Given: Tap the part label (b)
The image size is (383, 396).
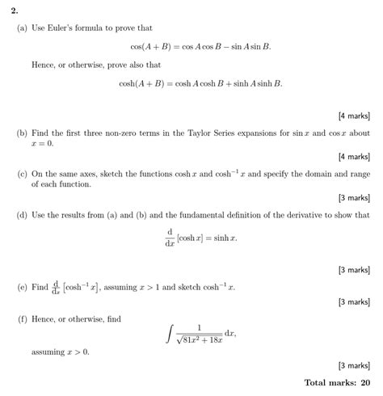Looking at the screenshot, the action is pyautogui.click(x=21, y=133).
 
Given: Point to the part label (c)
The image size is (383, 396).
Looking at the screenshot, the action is pyautogui.click(x=21, y=174).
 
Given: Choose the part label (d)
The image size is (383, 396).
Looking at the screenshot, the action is pyautogui.click(x=21, y=216).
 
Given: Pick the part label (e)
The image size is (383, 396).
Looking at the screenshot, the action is pyautogui.click(x=21, y=286).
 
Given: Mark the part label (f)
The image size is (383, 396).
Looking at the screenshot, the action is pyautogui.click(x=21, y=320).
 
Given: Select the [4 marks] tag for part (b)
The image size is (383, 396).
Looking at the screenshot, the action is pyautogui.click(x=354, y=156).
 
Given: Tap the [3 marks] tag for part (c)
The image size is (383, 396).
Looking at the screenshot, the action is pyautogui.click(x=354, y=197).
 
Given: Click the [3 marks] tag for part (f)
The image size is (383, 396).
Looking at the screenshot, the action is pyautogui.click(x=354, y=365).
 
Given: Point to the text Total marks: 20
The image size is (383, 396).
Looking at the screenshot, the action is pyautogui.click(x=337, y=382).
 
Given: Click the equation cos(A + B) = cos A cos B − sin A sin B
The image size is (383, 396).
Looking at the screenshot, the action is pyautogui.click(x=200, y=47).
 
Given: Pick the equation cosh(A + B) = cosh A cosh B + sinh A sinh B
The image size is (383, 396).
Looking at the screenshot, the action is pyautogui.click(x=200, y=83).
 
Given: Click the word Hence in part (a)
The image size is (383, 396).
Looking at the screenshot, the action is pyautogui.click(x=44, y=65).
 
